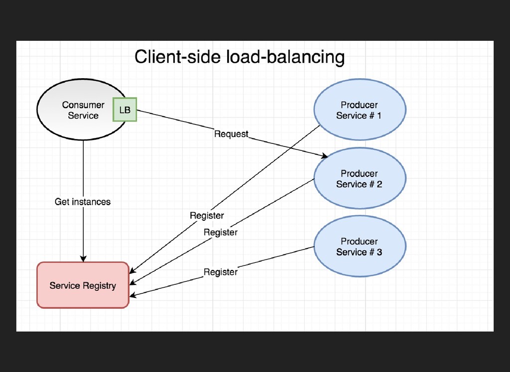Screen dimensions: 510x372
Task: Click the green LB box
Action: pos(125,110)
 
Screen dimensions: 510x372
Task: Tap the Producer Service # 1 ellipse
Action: pos(360,110)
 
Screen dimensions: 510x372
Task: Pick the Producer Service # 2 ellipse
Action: pos(360,178)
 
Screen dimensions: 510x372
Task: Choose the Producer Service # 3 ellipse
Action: pos(360,246)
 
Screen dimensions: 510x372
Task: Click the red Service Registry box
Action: pos(83,285)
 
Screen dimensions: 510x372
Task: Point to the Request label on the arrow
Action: pos(231,134)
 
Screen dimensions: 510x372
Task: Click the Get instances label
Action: pos(83,202)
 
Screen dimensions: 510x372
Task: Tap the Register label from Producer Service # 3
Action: pos(221,272)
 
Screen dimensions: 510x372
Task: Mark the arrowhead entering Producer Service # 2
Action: pos(324,156)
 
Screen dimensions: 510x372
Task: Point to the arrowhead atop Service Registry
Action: pos(83,258)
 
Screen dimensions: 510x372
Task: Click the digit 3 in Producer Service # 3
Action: pos(379,252)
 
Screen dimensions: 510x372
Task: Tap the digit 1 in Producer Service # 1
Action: pos(379,116)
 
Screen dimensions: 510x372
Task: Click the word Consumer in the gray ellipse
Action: pos(83,105)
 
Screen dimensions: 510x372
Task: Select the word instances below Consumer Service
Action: pos(91,202)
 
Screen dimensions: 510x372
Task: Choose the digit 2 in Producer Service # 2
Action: pos(379,184)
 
